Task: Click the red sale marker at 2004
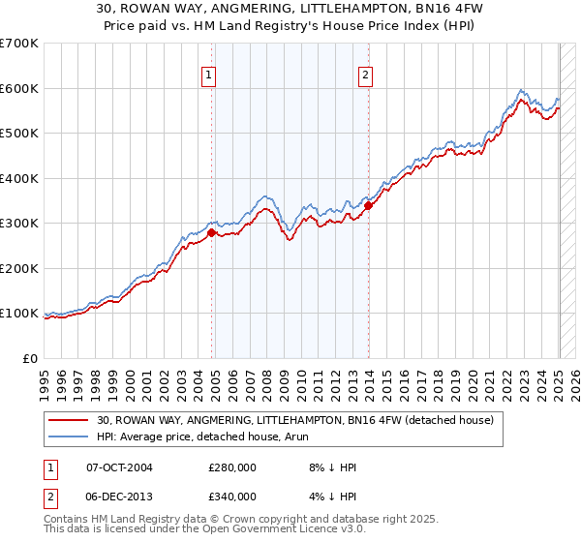click(x=212, y=232)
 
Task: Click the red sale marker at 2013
click(x=369, y=205)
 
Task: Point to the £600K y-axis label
click(x=19, y=88)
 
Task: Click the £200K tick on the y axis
click(x=19, y=268)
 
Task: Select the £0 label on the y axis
click(x=29, y=358)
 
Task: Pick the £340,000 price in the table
click(x=231, y=496)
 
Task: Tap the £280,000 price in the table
click(x=231, y=467)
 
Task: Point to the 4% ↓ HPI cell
click(x=330, y=496)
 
